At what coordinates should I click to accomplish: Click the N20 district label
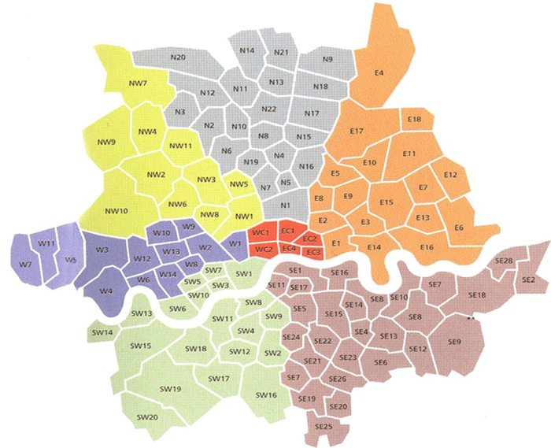tap(177, 57)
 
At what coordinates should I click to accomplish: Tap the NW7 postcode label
tap(138, 83)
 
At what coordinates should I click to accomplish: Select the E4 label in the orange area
tap(379, 73)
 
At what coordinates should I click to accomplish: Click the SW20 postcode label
tap(147, 417)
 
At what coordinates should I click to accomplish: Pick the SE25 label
tap(323, 426)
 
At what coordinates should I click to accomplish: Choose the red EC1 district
tap(287, 231)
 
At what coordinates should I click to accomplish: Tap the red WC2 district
tap(264, 250)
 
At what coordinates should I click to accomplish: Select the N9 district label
tap(327, 60)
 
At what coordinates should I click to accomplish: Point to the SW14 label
tap(102, 333)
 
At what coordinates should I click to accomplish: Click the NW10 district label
tap(116, 211)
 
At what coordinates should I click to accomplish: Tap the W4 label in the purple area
tap(105, 291)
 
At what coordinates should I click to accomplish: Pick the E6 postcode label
tap(459, 228)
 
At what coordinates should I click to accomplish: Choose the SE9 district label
tap(453, 342)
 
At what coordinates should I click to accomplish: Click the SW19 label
tap(172, 389)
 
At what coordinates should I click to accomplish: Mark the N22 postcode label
tap(268, 109)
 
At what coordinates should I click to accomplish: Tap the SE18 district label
tap(477, 294)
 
